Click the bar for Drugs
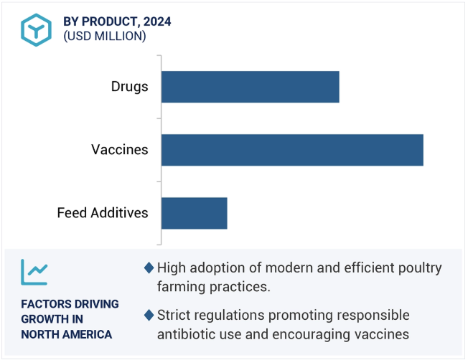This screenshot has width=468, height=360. click(x=250, y=87)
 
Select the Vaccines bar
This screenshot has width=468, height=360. click(x=292, y=150)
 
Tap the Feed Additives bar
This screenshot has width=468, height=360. click(x=195, y=213)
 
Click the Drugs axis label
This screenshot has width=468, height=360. click(x=129, y=87)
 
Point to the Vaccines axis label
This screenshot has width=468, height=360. click(x=120, y=150)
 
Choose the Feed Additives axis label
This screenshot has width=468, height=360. click(x=103, y=213)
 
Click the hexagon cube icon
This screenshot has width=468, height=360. click(x=36, y=30)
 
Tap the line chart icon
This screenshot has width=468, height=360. click(x=34, y=272)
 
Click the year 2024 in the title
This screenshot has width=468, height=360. click(x=157, y=22)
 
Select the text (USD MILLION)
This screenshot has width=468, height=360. click(x=105, y=36)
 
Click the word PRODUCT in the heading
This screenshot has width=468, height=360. click(x=108, y=22)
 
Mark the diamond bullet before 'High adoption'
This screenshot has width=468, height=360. click(x=149, y=267)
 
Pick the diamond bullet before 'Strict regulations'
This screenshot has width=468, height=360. click(x=149, y=315)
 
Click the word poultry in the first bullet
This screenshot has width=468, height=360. click(x=420, y=268)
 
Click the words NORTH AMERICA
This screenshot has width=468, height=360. click(x=67, y=334)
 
